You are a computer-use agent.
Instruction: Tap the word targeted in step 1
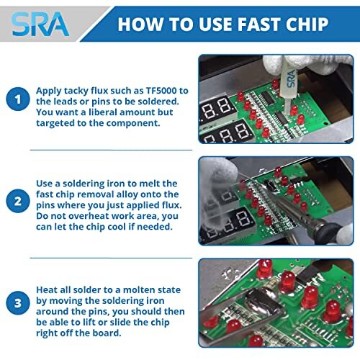click(58, 125)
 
